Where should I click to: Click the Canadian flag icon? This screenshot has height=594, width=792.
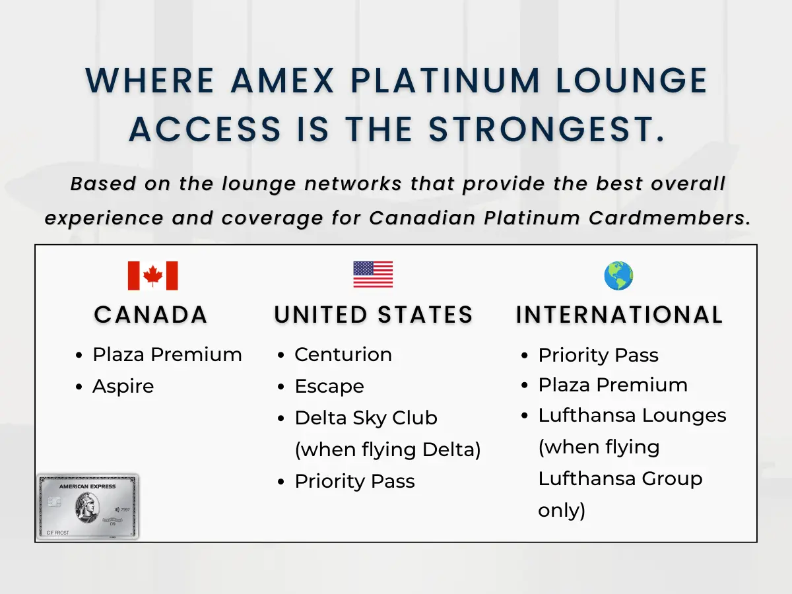coord(152,275)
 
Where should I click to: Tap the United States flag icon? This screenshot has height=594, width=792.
coord(373,275)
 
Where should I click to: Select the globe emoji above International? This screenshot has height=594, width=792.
coord(618,275)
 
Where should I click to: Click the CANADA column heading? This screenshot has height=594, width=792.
coord(150,315)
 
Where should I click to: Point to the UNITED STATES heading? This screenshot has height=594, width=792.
coord(374,315)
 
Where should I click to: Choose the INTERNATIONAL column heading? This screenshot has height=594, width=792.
coord(619,315)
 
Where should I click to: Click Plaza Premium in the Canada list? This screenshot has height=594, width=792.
coord(167,354)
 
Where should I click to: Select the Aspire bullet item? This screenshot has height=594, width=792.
coord(123,386)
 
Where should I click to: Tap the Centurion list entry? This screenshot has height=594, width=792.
coord(343,354)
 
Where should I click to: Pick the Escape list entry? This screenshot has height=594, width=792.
coord(329,386)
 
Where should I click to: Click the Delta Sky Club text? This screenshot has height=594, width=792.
coord(366,418)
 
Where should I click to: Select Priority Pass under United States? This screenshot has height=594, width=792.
coord(354,481)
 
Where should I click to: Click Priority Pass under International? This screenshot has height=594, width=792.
coord(598,355)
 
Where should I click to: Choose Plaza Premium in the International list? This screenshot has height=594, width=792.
coord(612,385)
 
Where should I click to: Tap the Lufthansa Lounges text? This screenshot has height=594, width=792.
coord(632,416)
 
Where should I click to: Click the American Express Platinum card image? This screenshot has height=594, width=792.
coord(88,506)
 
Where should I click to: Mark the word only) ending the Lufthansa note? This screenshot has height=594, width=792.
coord(562,510)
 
